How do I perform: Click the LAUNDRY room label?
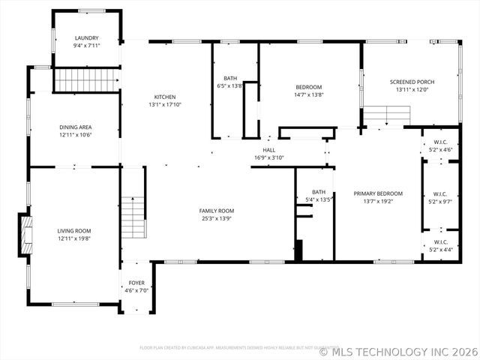point(86,37)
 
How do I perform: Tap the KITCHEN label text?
point(165,97)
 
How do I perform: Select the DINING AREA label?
point(75,127)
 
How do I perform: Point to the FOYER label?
point(136,283)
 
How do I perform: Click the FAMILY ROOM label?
point(216,211)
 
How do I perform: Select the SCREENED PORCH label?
point(412,82)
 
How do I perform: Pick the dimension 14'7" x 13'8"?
point(308,94)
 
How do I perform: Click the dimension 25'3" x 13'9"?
point(216,218)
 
